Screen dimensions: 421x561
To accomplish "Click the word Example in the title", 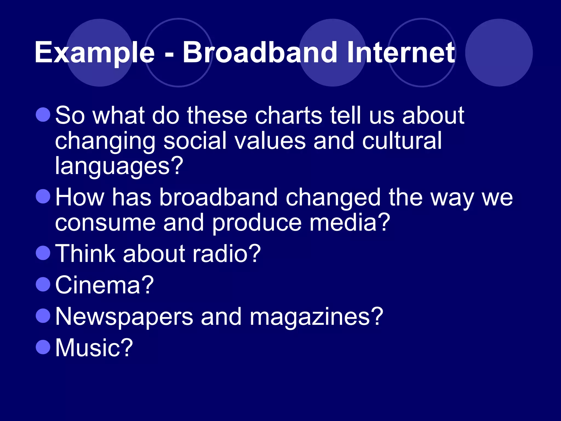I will [x=95, y=53].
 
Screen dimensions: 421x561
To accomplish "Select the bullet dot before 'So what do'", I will [x=43, y=115].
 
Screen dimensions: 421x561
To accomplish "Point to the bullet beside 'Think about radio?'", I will [x=43, y=253].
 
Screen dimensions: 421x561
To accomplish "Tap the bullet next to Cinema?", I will [x=43, y=284].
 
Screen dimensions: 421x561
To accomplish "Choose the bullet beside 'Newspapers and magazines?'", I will [x=43, y=316].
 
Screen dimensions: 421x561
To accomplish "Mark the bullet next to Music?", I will [x=43, y=347].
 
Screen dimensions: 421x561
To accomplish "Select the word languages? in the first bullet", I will [x=119, y=166].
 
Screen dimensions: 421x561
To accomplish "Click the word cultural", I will [x=402, y=140].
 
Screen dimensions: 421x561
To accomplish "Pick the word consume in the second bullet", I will [x=105, y=223].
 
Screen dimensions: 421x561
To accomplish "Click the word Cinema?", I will [x=104, y=285].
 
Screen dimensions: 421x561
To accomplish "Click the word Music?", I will [x=94, y=348].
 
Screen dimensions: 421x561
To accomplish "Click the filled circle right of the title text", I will [x=499, y=53].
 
